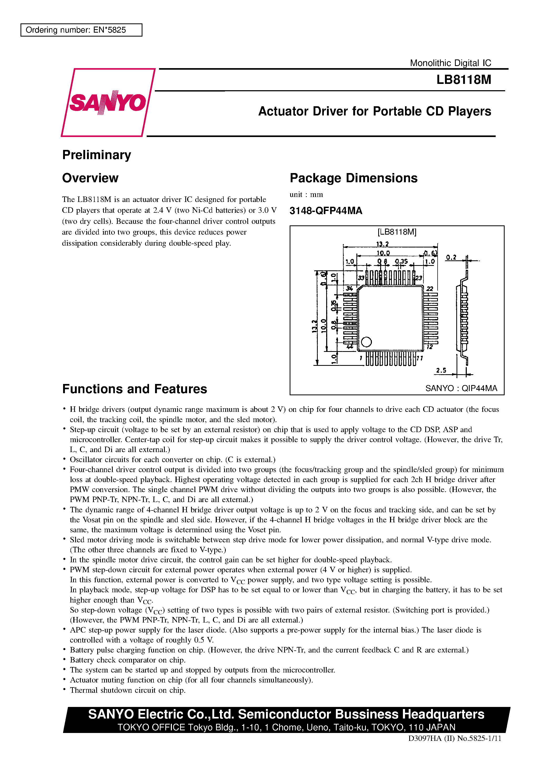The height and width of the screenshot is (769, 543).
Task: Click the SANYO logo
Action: [108, 103]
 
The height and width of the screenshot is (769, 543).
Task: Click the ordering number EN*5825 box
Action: [81, 30]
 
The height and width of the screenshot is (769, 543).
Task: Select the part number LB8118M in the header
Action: [463, 80]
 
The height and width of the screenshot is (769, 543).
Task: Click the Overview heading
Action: [90, 178]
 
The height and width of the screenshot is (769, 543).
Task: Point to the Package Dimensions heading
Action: [354, 178]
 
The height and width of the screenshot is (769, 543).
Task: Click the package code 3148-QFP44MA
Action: [326, 211]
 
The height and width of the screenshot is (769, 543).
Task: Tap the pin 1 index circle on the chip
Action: [367, 342]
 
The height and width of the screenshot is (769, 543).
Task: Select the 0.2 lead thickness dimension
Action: [451, 257]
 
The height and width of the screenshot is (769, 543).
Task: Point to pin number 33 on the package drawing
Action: [361, 278]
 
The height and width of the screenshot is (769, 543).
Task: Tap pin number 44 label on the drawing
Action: [350, 347]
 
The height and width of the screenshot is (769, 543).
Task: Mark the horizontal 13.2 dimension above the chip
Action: [382, 244]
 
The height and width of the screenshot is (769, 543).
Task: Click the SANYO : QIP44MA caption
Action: [461, 388]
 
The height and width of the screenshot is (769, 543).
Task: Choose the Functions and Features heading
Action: [135, 389]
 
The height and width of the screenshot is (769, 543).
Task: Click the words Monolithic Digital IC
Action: [450, 63]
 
